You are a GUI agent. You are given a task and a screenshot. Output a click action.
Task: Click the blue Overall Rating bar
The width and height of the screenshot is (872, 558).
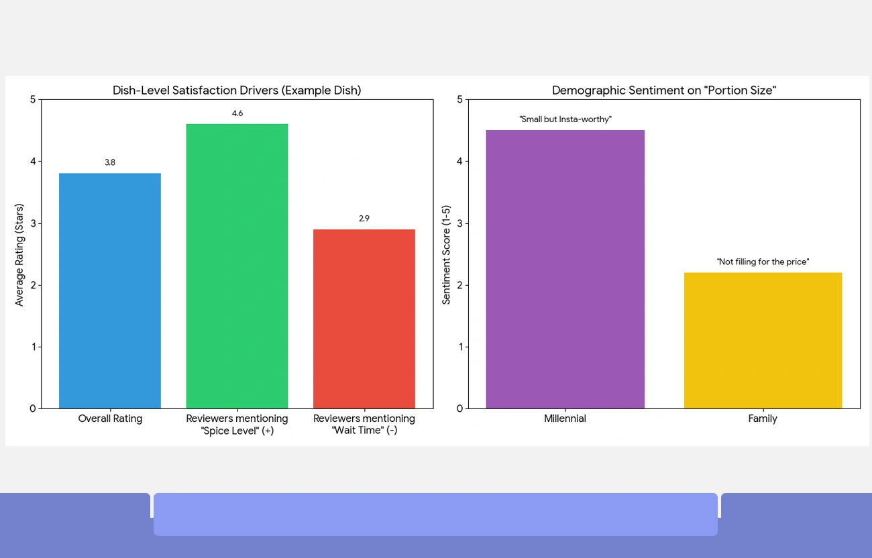[110, 290]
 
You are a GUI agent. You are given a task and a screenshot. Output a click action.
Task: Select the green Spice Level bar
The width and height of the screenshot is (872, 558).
[237, 266]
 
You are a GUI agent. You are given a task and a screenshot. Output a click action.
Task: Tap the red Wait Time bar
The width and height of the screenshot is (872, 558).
[364, 319]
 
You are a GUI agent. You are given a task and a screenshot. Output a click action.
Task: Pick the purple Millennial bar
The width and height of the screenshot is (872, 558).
[565, 269]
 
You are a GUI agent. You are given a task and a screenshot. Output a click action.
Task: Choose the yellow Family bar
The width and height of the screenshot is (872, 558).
[763, 340]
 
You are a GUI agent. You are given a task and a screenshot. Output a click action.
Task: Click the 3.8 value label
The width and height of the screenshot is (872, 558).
[110, 162]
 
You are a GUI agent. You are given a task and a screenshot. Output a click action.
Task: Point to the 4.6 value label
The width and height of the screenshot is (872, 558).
[237, 113]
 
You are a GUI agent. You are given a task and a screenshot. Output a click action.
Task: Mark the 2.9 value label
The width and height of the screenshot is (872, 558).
[364, 219]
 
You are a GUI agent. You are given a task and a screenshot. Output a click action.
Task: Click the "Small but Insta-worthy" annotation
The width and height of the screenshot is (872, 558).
[565, 119]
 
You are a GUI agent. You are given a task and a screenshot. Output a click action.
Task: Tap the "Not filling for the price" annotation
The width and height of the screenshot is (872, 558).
[763, 262]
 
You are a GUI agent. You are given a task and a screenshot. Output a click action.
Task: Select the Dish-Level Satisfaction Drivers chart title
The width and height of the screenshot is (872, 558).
[237, 91]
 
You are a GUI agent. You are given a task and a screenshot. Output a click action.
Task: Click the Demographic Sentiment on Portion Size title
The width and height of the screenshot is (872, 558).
[663, 91]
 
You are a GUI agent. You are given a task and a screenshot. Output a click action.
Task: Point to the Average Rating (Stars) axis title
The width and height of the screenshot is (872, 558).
[19, 255]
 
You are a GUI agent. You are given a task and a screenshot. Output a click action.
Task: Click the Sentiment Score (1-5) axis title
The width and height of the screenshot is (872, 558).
[446, 255]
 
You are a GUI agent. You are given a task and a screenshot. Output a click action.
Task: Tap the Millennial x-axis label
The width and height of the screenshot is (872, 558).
[565, 418]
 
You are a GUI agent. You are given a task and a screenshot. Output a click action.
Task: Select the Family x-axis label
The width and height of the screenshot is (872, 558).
[763, 418]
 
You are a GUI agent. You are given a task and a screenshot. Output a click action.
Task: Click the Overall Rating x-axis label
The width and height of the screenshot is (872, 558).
[110, 418]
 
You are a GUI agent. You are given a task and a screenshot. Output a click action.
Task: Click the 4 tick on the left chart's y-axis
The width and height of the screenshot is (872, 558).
[33, 162]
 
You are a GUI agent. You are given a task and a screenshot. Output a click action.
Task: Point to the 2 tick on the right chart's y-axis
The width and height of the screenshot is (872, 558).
[459, 285]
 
